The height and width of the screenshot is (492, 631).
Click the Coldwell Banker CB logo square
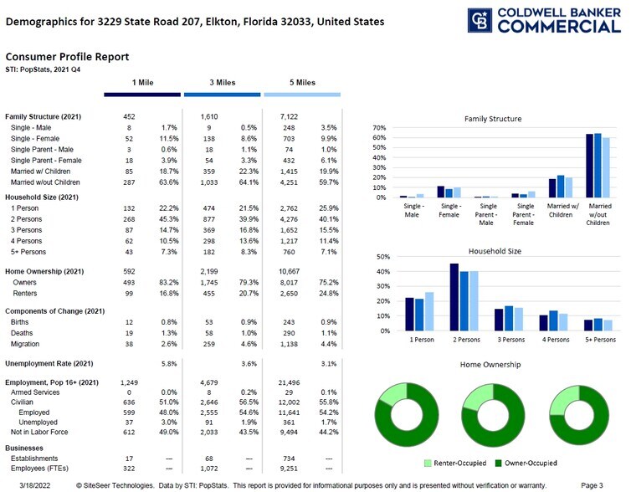click(480, 20)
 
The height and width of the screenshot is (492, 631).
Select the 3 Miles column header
click(222, 83)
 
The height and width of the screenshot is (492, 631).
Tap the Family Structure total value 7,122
click(289, 116)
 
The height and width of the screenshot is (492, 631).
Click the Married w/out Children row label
click(45, 182)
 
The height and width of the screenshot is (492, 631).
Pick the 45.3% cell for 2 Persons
click(168, 219)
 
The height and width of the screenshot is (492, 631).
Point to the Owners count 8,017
click(289, 283)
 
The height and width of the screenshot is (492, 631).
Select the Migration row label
click(25, 344)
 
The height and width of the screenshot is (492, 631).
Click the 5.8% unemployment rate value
click(169, 364)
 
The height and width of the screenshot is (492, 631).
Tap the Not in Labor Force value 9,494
click(289, 432)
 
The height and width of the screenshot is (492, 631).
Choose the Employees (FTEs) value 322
click(129, 469)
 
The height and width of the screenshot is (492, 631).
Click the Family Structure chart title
click(493, 119)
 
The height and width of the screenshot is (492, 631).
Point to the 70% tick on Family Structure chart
click(379, 128)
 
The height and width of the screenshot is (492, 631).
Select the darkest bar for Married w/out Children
click(589, 166)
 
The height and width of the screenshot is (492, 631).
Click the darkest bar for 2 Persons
click(454, 297)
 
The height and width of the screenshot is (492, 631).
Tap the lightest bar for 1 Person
click(429, 311)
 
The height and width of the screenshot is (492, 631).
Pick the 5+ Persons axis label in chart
click(600, 340)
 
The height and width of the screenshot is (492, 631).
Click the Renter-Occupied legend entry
click(455, 463)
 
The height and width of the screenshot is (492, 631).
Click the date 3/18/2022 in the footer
click(35, 485)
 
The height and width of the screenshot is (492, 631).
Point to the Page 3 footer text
click(592, 485)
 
